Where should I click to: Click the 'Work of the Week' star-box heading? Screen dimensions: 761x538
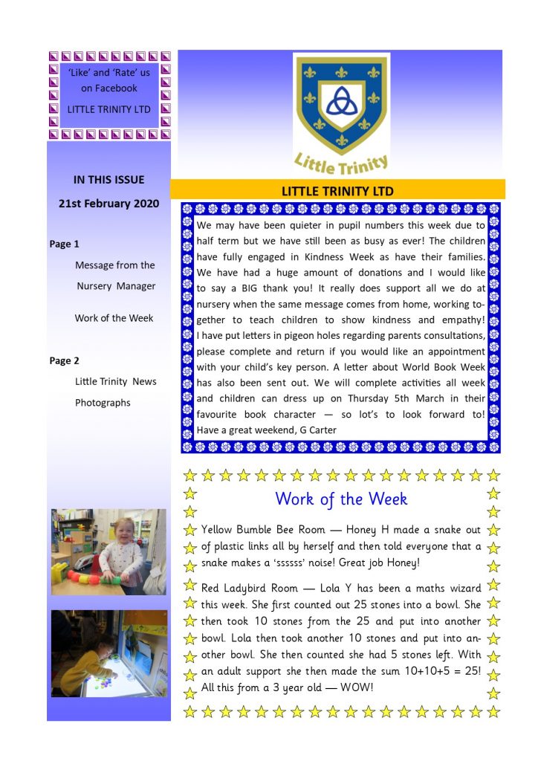click(341, 499)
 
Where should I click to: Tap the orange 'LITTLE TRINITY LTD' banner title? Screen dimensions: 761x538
click(337, 191)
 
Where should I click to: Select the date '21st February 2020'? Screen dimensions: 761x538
click(108, 204)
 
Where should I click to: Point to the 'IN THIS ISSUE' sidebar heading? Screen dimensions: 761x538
click(108, 179)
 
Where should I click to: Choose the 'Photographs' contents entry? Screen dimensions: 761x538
click(103, 403)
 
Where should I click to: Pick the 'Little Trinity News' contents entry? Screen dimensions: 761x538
click(116, 381)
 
